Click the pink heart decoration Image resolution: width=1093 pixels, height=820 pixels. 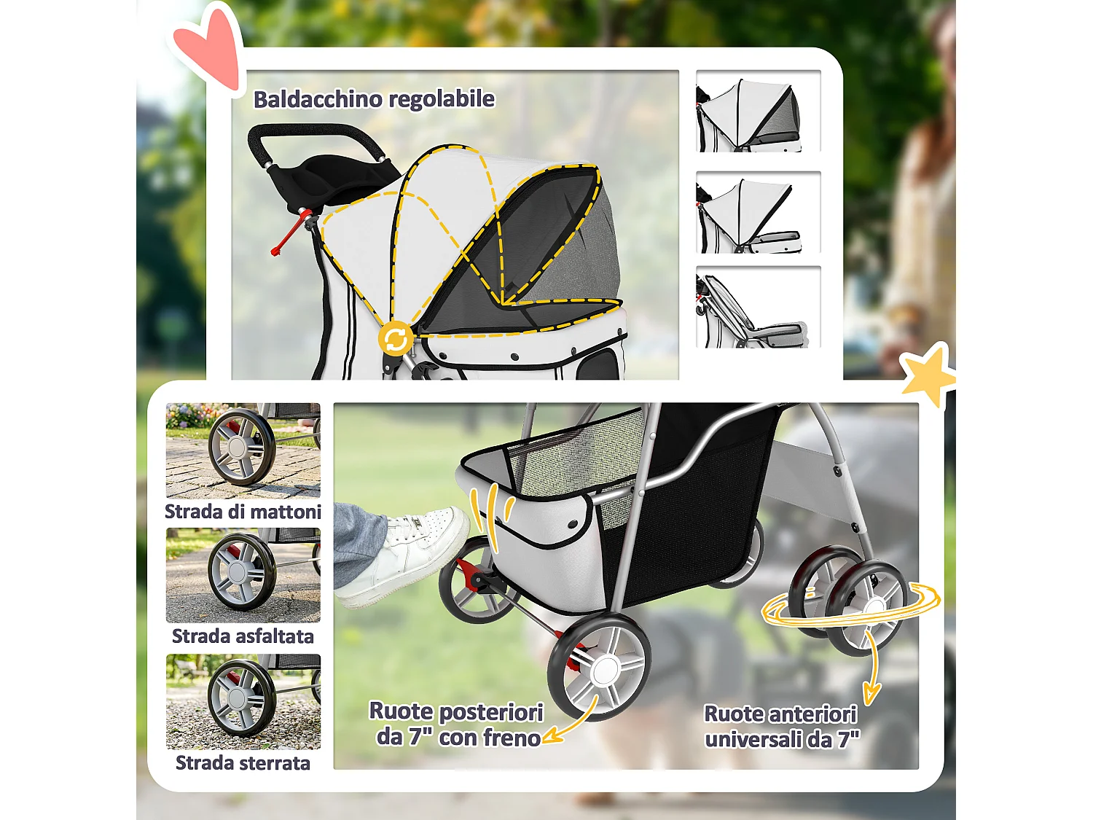pyautogui.click(x=209, y=50)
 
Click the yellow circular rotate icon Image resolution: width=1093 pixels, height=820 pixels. pyautogui.click(x=396, y=338)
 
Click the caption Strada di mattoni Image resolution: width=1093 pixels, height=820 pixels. pyautogui.click(x=243, y=512)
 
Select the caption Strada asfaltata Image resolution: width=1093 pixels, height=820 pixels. pyautogui.click(x=243, y=636)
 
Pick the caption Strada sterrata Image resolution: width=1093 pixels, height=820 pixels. pyautogui.click(x=243, y=762)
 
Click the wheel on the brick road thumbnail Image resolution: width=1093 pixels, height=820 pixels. pyautogui.click(x=241, y=447)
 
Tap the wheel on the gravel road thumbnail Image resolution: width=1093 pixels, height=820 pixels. pyautogui.click(x=241, y=698)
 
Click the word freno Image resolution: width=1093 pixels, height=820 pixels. pyautogui.click(x=515, y=738)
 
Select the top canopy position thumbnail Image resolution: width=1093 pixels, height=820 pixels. pyautogui.click(x=758, y=111)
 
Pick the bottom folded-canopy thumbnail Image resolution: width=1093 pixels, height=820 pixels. pyautogui.click(x=758, y=307)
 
